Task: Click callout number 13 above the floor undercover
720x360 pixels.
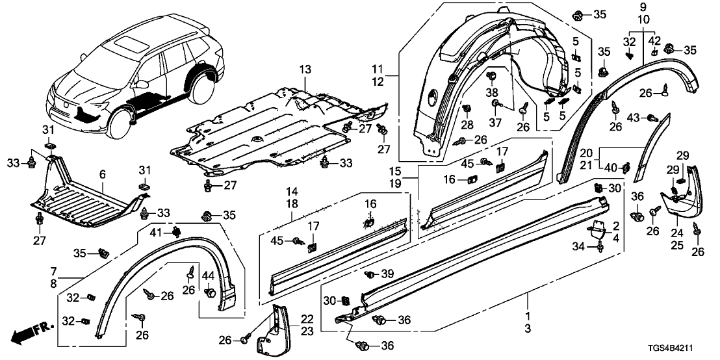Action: click(305, 70)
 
